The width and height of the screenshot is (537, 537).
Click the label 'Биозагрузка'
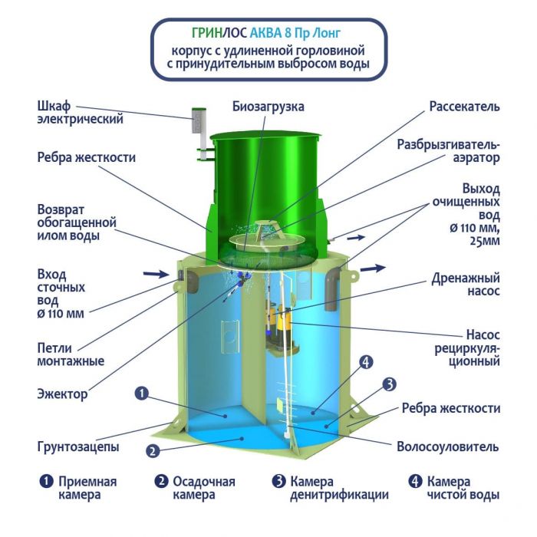(268, 107)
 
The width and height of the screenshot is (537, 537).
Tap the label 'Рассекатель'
(464, 107)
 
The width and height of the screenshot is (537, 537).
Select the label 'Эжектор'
(62, 394)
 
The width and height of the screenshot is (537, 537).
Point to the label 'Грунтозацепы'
(78, 446)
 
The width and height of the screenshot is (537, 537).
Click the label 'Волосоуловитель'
(447, 446)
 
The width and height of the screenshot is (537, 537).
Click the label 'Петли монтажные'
(71, 354)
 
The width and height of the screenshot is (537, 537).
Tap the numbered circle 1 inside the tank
(141, 393)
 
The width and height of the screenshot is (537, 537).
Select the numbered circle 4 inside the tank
(366, 362)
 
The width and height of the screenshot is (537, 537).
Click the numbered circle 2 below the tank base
(153, 451)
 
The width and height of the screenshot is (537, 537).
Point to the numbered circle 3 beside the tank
(389, 384)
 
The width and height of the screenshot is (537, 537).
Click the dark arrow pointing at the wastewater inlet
(156, 274)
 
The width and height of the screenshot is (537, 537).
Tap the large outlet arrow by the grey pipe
(374, 268)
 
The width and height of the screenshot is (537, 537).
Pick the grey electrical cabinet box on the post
(199, 120)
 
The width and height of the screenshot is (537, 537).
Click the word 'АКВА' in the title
(265, 33)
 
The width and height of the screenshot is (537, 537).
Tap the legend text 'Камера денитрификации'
(339, 488)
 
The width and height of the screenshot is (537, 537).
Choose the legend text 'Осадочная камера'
(204, 488)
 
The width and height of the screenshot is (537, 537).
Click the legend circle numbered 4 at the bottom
(415, 482)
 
